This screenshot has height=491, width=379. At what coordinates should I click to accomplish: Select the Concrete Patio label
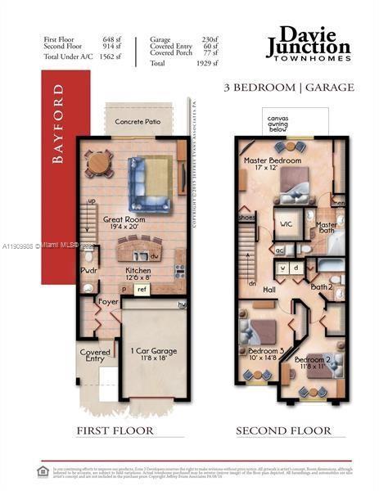point(137,122)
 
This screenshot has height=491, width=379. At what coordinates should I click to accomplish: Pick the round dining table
point(99,162)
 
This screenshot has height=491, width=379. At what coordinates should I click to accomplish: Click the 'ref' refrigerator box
point(142,289)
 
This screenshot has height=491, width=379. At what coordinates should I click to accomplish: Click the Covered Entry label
point(95,355)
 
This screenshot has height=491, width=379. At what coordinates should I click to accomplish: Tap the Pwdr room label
point(88,271)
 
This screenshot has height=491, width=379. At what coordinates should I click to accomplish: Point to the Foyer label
point(108,302)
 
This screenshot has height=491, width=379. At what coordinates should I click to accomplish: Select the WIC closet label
point(287,223)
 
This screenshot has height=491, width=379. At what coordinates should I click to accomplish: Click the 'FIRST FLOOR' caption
point(114,430)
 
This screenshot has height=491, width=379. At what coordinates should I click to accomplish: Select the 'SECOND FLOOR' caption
point(283,430)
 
